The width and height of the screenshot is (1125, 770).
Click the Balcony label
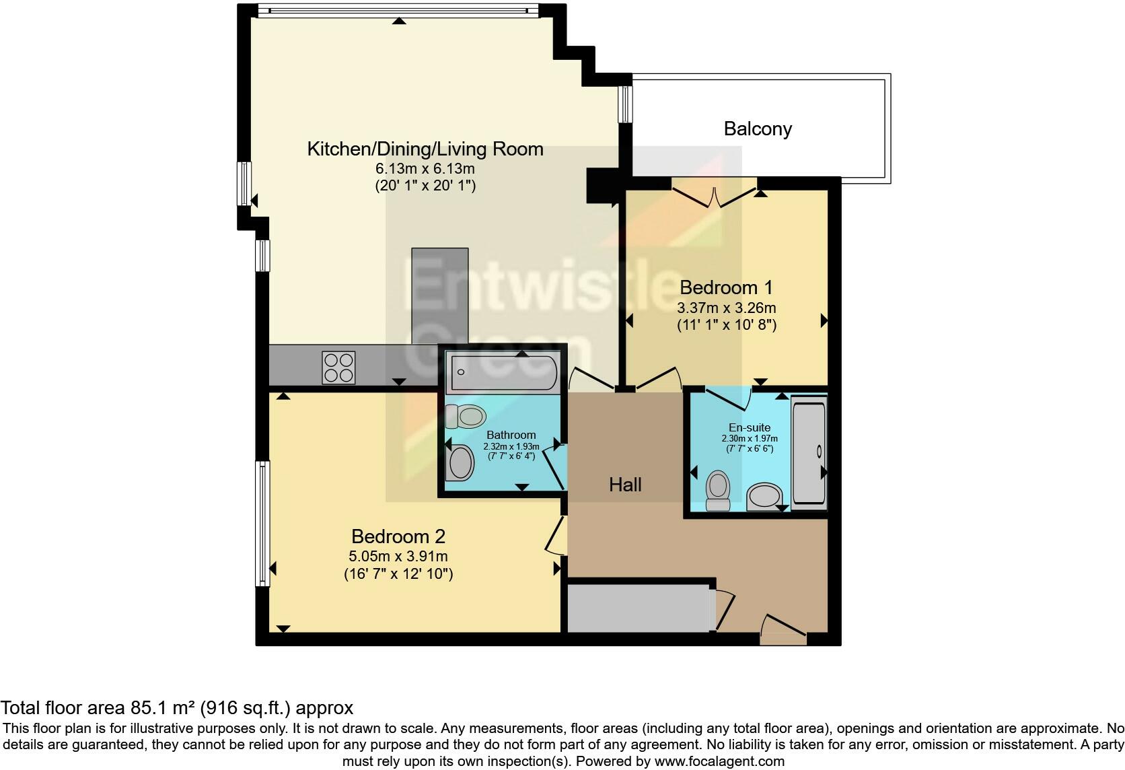[x=758, y=129]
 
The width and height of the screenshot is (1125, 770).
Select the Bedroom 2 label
[x=398, y=536]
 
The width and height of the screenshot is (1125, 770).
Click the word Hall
[x=625, y=485]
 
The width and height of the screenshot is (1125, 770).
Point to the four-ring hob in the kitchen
[x=338, y=367]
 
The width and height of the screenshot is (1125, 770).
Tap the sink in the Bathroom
[x=461, y=463]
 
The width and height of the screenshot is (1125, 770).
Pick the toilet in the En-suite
[x=718, y=491]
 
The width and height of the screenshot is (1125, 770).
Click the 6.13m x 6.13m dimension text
[x=425, y=168]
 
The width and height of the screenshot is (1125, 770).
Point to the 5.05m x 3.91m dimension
[x=398, y=557]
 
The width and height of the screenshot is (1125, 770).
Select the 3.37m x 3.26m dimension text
[x=726, y=308]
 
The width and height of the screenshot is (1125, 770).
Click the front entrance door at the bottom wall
[x=783, y=630]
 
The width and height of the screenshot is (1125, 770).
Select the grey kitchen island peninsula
[x=439, y=296]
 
